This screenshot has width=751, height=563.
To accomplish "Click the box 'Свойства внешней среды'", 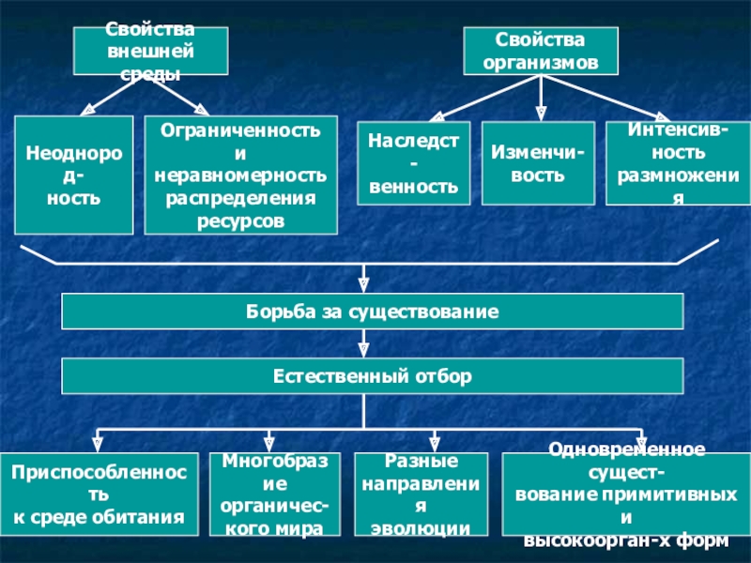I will pos(150,51).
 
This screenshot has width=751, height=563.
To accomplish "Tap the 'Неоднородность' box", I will pos(73,175).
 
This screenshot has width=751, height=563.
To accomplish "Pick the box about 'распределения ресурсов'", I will pos(239,175).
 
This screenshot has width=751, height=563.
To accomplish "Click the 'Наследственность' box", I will pos(414,163).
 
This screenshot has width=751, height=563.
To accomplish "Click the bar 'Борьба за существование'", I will pos(372,311).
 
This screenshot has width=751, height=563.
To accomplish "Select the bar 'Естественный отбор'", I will pos(372,376).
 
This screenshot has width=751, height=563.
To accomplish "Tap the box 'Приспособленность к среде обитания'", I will pos(100,495).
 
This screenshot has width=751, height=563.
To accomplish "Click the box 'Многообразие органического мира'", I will pos(274,495).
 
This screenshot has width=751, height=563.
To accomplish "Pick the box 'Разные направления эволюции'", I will pos(421,495).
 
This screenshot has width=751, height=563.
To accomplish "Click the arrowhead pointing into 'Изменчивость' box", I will pos(542,113).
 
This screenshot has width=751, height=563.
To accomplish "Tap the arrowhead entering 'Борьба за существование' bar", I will pos(363,283).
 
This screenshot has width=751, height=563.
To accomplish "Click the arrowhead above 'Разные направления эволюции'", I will pos(436,441).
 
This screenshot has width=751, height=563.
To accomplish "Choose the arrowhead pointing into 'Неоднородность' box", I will pos(86,110).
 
